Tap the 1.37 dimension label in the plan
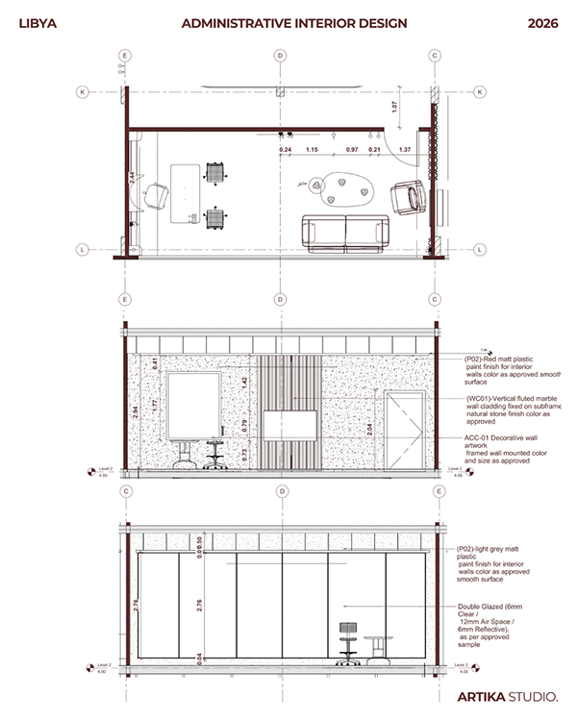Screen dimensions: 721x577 (x=405, y=150)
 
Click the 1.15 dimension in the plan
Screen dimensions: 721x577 (x=312, y=150)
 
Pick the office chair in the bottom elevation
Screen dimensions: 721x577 (x=346, y=642)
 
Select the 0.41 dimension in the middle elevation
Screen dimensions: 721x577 (x=155, y=362)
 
